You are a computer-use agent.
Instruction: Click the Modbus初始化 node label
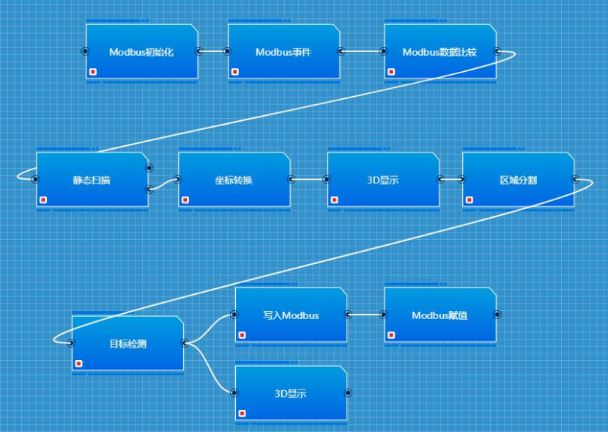(x=141, y=52)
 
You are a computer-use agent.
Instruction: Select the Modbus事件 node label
(x=283, y=52)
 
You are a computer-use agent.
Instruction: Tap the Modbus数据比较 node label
(x=440, y=52)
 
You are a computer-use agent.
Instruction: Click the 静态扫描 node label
(x=92, y=180)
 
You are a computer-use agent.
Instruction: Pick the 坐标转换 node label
(x=234, y=180)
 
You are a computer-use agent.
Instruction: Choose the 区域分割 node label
(x=518, y=180)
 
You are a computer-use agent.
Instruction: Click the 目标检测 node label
(x=127, y=343)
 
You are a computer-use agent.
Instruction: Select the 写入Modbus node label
(x=291, y=315)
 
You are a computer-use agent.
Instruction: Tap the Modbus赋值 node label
(x=440, y=315)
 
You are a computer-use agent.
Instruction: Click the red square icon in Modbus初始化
(x=93, y=71)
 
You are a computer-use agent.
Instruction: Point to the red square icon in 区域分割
(x=470, y=199)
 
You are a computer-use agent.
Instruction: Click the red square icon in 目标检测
(x=78, y=363)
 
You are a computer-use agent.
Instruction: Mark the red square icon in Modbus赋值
(x=391, y=335)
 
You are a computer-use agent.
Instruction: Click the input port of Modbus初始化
(x=85, y=51)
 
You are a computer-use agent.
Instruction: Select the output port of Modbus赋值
(x=497, y=315)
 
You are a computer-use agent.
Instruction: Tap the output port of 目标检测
(x=185, y=343)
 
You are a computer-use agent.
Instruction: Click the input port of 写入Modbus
(x=234, y=315)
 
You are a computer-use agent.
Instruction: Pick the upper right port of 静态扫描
(x=149, y=167)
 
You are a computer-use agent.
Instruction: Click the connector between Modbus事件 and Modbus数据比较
(x=362, y=51)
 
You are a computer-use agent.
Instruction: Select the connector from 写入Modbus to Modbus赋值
(x=366, y=315)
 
